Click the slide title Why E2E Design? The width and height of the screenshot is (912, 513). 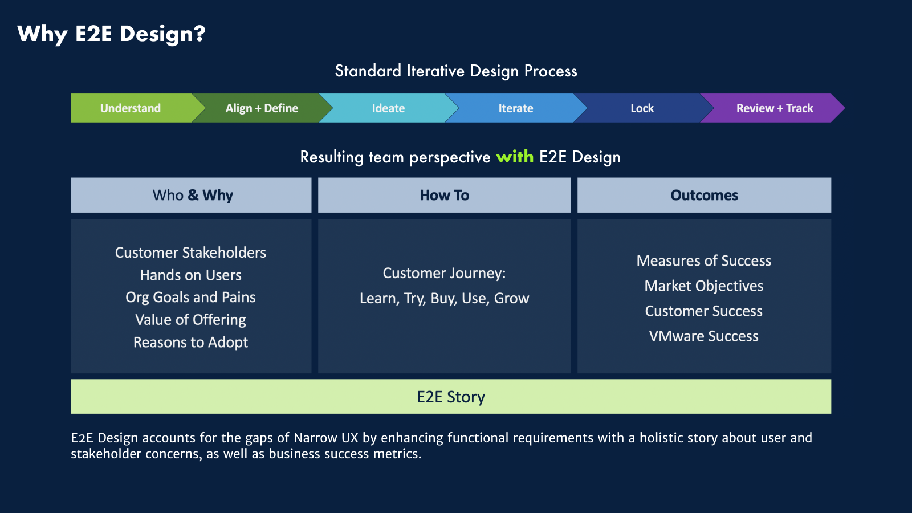pyautogui.click(x=111, y=34)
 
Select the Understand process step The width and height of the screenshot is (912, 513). pyautogui.click(x=131, y=108)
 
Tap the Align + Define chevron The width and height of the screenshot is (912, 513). pyautogui.click(x=262, y=108)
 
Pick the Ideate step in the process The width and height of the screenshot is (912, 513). pyautogui.click(x=388, y=108)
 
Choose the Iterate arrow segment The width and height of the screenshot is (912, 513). pyautogui.click(x=516, y=108)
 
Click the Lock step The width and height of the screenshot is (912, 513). pyautogui.click(x=642, y=108)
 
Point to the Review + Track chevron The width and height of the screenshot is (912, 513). pyautogui.click(x=774, y=108)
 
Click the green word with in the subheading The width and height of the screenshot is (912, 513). pyautogui.click(x=515, y=157)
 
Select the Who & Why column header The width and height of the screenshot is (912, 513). pyautogui.click(x=193, y=196)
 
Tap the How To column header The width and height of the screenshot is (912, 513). pyautogui.click(x=445, y=196)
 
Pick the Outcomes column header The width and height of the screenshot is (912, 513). pyautogui.click(x=704, y=196)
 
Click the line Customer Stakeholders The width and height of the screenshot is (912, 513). pyautogui.click(x=190, y=253)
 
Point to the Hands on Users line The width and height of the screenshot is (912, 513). pyautogui.click(x=190, y=275)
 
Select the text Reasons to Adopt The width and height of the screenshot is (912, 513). pyautogui.click(x=190, y=343)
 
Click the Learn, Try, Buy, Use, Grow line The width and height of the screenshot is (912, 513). pyautogui.click(x=444, y=299)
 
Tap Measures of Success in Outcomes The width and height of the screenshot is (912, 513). pyautogui.click(x=703, y=261)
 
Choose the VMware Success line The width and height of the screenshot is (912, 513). pyautogui.click(x=703, y=336)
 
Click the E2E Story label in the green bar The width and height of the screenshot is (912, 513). pyautogui.click(x=451, y=397)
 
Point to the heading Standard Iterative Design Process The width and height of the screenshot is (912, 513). pyautogui.click(x=456, y=71)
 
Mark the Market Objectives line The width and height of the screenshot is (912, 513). pyautogui.click(x=703, y=286)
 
